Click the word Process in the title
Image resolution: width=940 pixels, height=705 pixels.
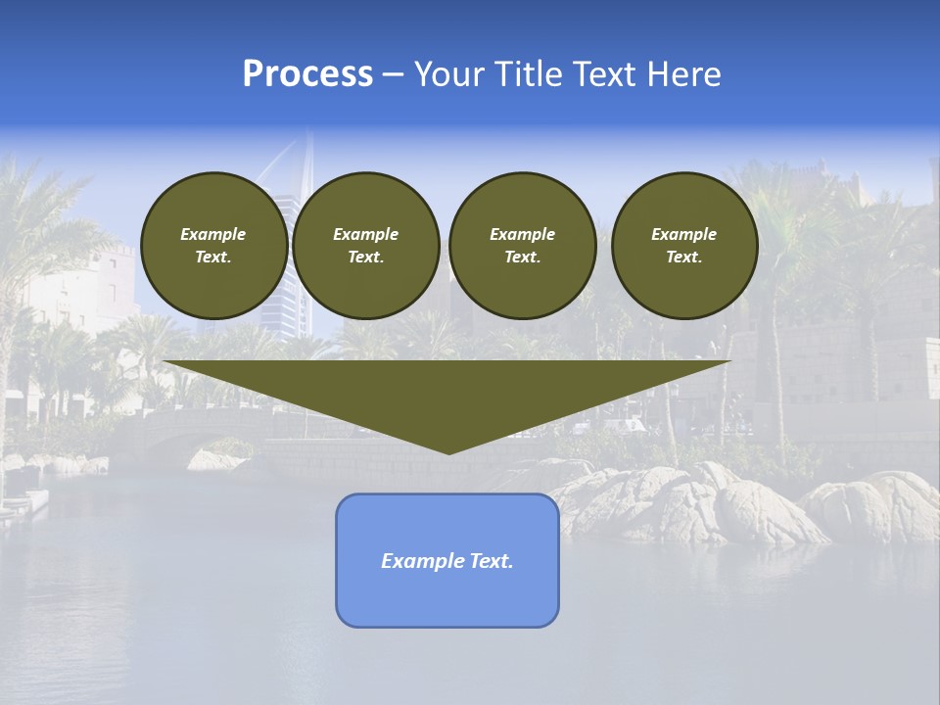(307, 74)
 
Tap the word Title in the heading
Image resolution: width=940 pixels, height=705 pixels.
(526, 74)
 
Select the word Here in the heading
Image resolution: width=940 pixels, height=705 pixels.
(683, 74)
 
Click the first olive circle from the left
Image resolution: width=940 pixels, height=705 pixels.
(213, 246)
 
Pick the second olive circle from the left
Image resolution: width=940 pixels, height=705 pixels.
(366, 246)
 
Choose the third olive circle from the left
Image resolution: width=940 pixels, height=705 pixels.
(522, 246)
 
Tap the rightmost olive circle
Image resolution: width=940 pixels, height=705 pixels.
(684, 246)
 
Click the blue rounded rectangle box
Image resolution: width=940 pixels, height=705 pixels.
(447, 560)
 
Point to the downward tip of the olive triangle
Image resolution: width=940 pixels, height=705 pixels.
(448, 451)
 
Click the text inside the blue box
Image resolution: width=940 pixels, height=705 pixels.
(447, 561)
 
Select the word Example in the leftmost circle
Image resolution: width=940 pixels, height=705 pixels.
(213, 234)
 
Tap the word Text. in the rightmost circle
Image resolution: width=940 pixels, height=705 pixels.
(684, 258)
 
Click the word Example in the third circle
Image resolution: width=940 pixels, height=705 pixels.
(522, 234)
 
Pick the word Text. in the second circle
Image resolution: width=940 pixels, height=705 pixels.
(366, 258)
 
